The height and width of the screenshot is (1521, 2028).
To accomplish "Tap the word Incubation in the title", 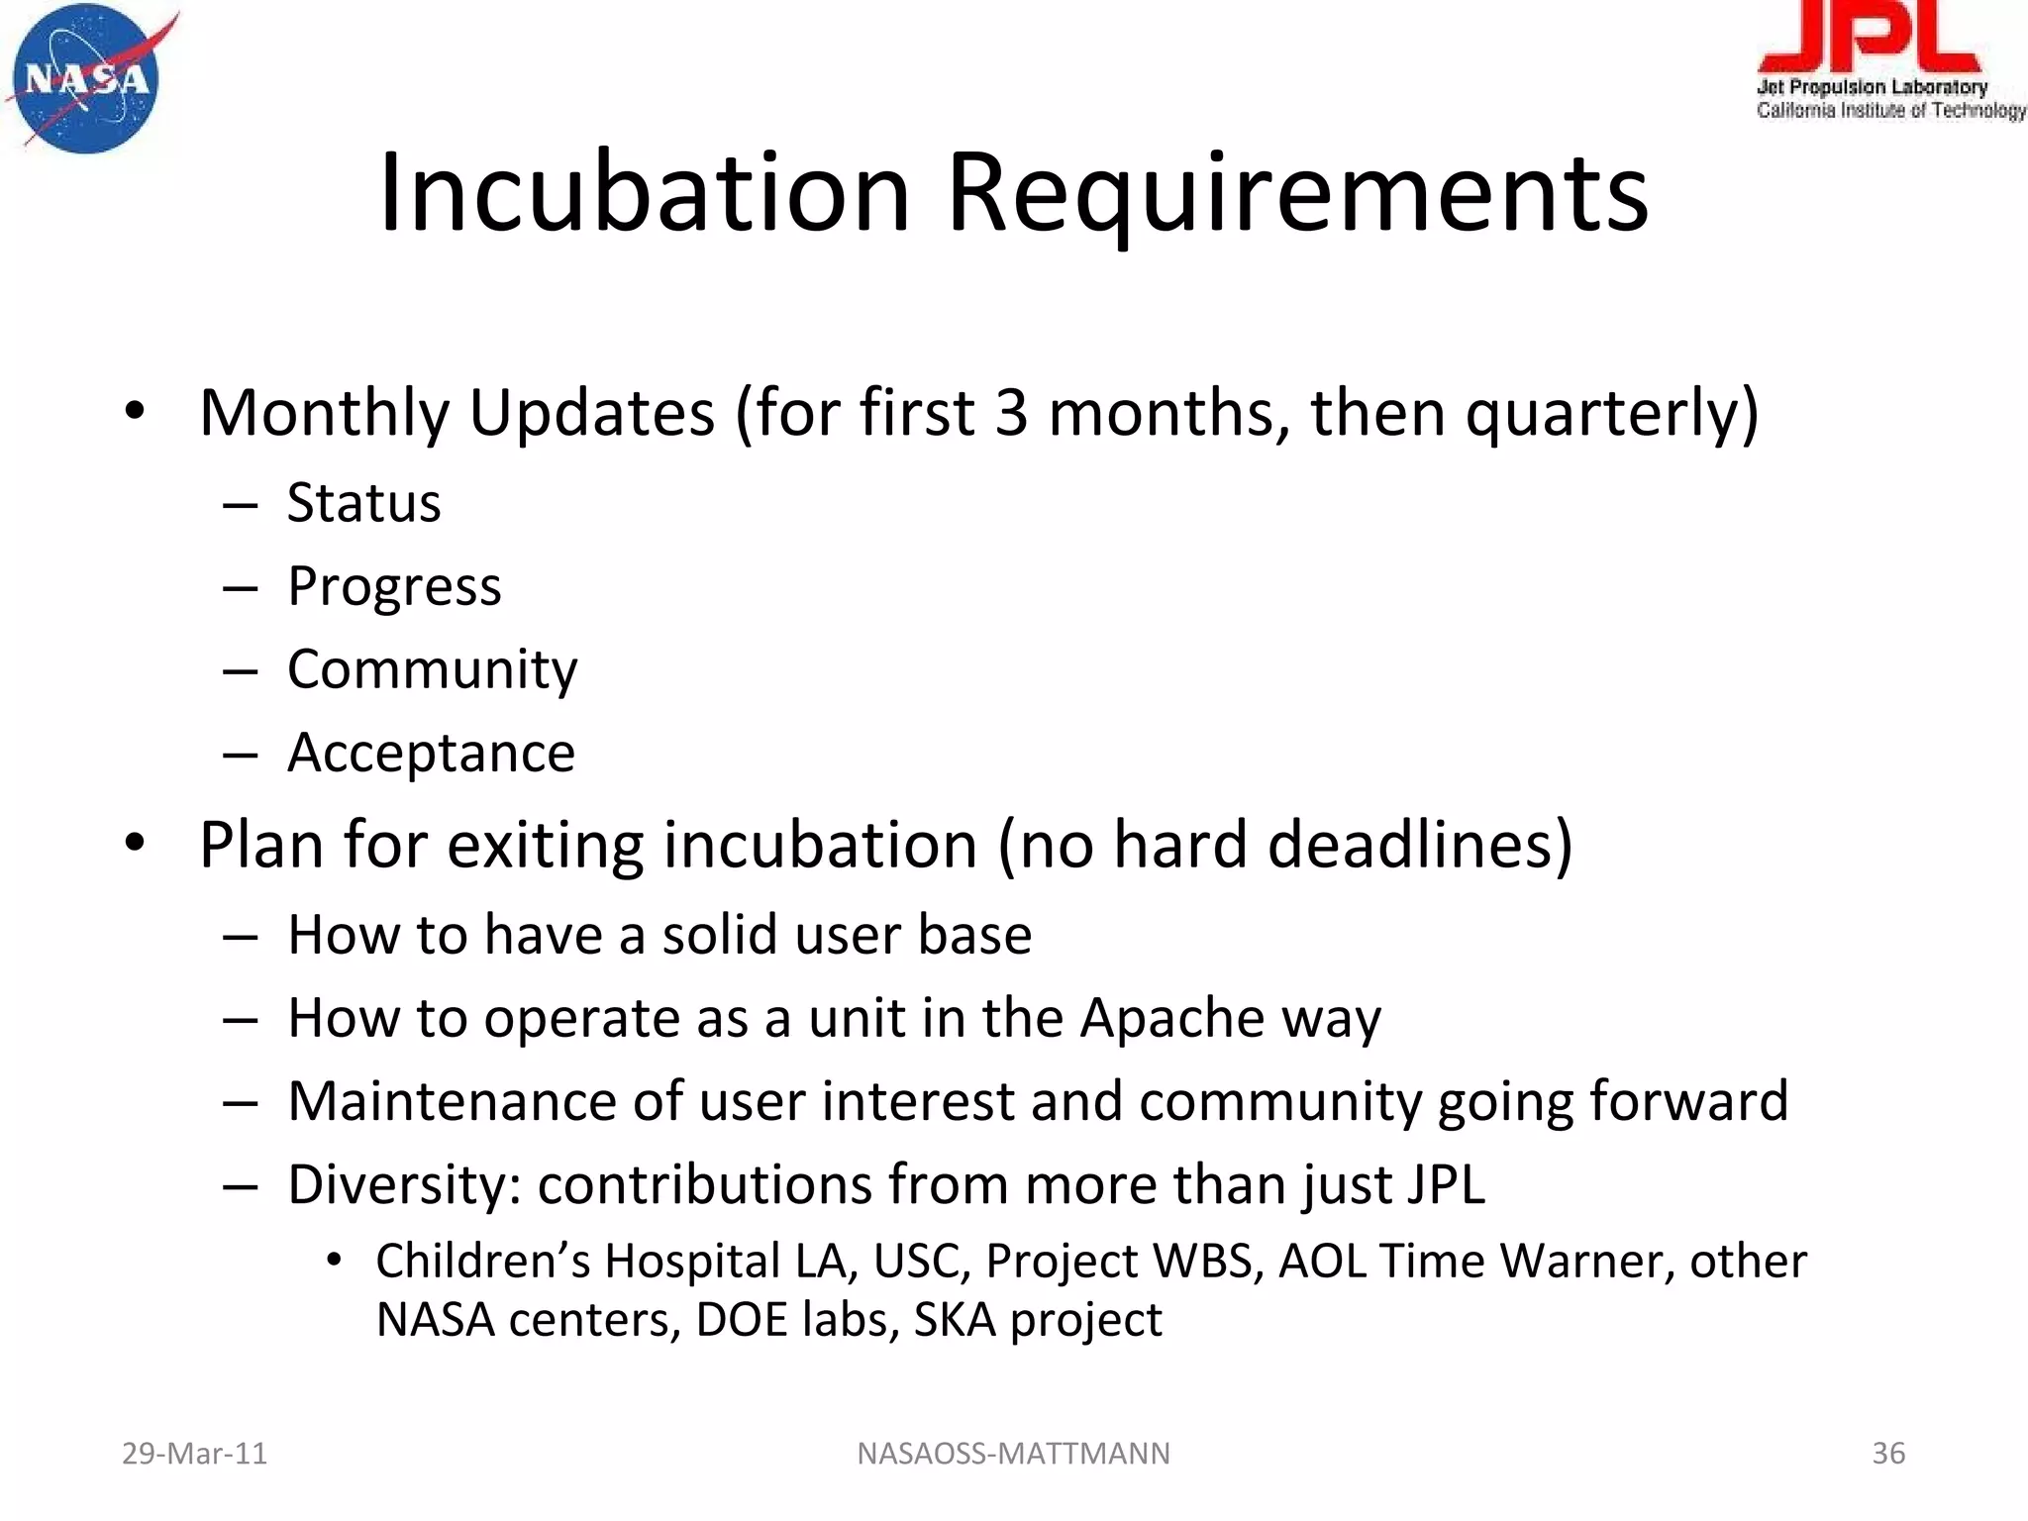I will (x=644, y=192).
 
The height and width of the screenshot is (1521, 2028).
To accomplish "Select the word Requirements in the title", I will (x=1297, y=192).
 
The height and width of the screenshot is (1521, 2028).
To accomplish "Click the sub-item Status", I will (x=363, y=503).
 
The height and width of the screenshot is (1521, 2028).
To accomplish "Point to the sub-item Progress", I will (x=394, y=586).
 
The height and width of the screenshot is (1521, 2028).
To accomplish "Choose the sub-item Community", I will (x=432, y=669).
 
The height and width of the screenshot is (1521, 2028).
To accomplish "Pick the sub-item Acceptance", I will (x=431, y=753).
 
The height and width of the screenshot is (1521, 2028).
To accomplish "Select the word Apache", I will (x=1172, y=1018).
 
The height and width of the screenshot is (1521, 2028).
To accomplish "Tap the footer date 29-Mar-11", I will (x=194, y=1454).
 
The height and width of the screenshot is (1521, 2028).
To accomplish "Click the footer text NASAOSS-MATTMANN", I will (x=1013, y=1454).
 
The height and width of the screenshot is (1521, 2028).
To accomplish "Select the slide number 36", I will (x=1888, y=1454).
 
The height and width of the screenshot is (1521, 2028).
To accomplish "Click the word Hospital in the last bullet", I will (x=692, y=1262).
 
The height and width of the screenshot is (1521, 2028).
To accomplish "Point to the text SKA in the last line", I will (x=954, y=1320).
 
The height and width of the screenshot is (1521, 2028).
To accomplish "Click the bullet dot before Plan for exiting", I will (x=136, y=843).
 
